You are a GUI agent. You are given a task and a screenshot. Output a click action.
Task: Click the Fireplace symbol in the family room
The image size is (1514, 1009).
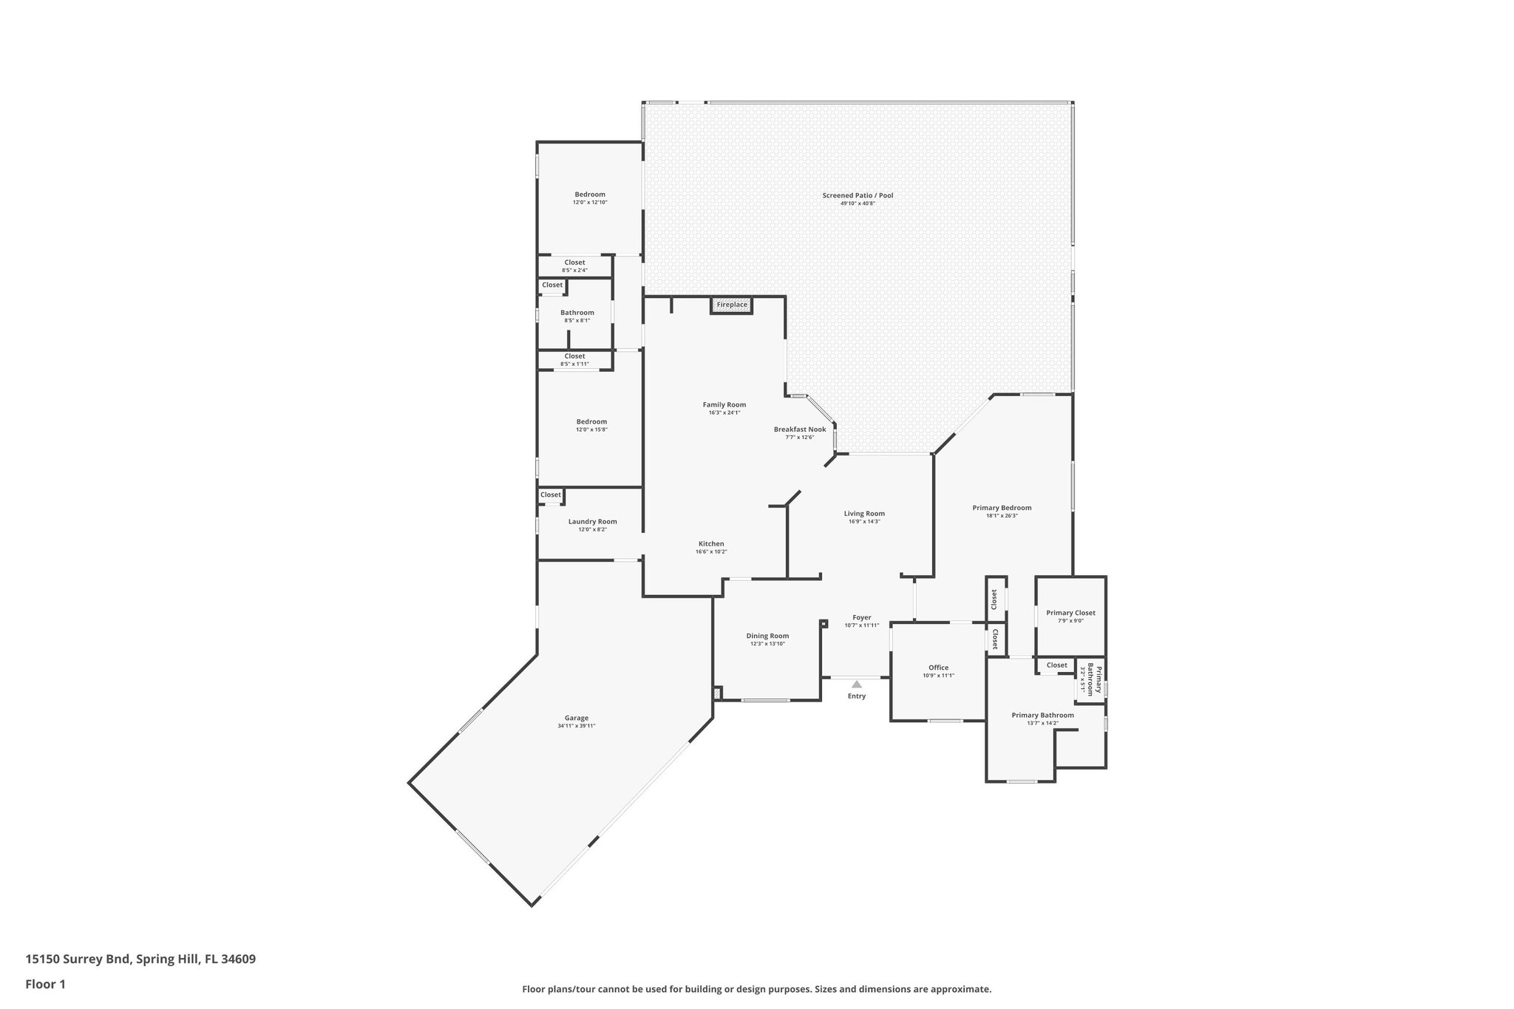pos(731,305)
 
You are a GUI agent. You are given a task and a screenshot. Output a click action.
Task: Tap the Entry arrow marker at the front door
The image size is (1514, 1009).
pos(856,684)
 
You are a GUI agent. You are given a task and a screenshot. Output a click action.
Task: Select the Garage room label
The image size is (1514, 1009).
pos(577,718)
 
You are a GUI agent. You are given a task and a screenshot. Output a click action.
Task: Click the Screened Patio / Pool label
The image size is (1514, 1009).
pos(858,195)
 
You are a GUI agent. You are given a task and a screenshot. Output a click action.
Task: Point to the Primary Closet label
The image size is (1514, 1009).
pos(1070,613)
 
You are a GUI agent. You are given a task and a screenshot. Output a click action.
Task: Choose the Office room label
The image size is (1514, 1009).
pos(938,667)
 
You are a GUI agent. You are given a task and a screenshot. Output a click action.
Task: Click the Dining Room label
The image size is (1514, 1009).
pos(767,636)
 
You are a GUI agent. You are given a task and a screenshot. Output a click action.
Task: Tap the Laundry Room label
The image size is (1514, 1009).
pos(592,521)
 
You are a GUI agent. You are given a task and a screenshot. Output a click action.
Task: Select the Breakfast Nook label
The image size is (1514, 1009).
pos(800,429)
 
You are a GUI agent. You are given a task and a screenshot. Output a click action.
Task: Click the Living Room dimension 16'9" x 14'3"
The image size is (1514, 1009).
pos(864,522)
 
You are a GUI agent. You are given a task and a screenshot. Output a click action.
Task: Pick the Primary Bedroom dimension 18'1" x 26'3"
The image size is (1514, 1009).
pos(1002,516)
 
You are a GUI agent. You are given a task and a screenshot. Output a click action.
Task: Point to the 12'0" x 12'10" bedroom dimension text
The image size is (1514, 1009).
pos(590,203)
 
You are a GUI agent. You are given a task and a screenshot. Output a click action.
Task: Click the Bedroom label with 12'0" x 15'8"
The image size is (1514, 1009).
pos(591,421)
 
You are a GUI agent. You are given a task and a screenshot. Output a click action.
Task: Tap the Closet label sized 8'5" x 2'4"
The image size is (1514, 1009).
pos(574,262)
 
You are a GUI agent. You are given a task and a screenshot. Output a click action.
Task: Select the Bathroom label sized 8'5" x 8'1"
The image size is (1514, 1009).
pos(577,313)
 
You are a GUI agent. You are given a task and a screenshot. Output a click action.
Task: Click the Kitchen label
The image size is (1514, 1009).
pos(711,543)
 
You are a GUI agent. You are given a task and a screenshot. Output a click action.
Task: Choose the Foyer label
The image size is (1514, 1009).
pos(862,617)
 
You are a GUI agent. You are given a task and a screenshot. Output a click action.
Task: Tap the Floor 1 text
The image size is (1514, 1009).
pos(46,984)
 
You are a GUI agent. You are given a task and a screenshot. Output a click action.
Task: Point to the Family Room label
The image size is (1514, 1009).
pos(724,404)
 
